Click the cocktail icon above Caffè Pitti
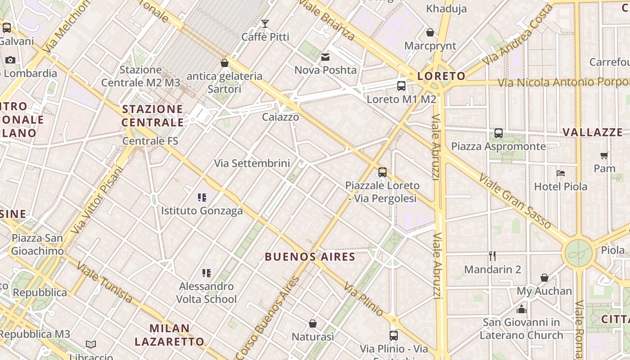click(x=265, y=23)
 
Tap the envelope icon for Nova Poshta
click(x=325, y=57)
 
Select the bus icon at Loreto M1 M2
click(x=401, y=85)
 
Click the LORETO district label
click(x=441, y=76)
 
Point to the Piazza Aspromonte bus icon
click(x=498, y=133)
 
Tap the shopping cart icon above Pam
click(x=604, y=155)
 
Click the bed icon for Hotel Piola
click(x=560, y=173)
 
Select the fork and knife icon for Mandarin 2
click(x=492, y=256)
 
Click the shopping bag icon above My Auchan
click(x=544, y=278)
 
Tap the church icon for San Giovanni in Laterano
click(x=522, y=309)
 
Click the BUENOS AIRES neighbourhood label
click(x=310, y=257)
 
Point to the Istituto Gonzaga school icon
click(x=202, y=197)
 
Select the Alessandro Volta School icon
click(x=207, y=273)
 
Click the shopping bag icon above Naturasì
click(x=313, y=324)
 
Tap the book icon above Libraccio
click(x=91, y=345)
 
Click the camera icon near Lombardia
click(x=10, y=60)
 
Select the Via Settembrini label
click(x=252, y=163)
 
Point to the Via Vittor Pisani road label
click(x=97, y=200)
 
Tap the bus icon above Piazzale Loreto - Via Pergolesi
click(x=382, y=172)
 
